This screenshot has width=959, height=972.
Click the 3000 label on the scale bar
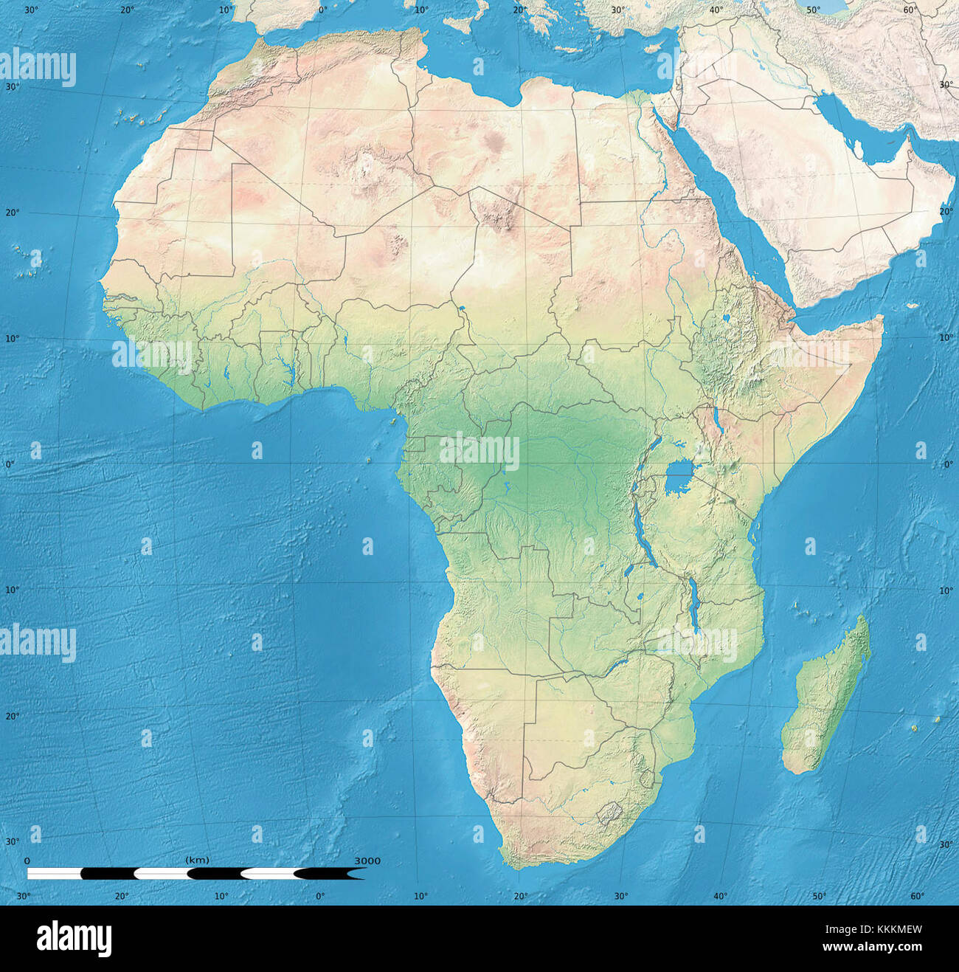tap(367, 861)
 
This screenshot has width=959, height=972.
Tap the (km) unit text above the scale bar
tap(197, 860)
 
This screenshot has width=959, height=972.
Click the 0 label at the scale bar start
tap(27, 861)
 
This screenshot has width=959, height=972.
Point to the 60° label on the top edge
tap(910, 10)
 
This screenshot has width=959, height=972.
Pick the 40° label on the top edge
tap(716, 10)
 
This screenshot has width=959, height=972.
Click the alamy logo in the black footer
tap(74, 938)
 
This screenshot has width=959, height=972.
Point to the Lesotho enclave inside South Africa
tap(609, 814)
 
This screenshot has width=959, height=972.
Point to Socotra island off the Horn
tap(912, 306)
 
